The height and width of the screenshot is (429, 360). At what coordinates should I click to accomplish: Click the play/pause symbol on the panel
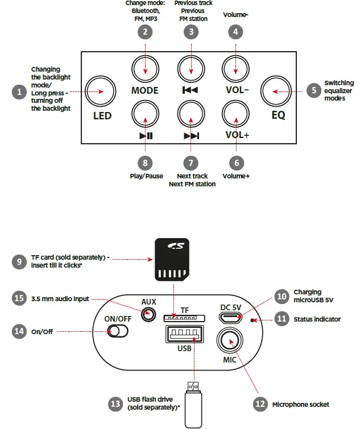click(146, 136)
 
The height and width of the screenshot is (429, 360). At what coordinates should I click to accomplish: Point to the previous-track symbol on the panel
click(190, 90)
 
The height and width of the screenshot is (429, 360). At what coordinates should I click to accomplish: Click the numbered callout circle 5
click(314, 90)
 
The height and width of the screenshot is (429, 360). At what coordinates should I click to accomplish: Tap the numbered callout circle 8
click(145, 163)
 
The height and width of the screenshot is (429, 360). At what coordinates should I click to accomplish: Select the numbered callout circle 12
click(260, 404)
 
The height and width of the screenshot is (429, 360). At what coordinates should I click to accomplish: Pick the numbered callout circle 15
click(19, 298)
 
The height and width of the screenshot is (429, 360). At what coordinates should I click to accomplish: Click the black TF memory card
click(172, 259)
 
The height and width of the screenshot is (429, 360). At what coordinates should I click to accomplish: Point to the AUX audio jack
click(148, 314)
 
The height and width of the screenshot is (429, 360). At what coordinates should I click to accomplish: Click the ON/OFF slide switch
click(118, 331)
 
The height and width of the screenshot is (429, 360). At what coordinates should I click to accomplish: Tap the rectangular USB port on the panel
click(184, 334)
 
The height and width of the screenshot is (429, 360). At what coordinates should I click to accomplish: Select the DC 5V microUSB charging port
click(230, 318)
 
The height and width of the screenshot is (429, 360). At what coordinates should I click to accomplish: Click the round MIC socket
click(230, 340)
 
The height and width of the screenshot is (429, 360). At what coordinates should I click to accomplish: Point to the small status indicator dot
click(253, 320)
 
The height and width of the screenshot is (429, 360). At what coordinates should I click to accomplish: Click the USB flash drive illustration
click(193, 405)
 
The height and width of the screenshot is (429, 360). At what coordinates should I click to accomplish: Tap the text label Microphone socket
click(301, 405)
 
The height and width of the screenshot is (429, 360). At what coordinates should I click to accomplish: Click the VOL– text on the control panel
click(237, 90)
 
